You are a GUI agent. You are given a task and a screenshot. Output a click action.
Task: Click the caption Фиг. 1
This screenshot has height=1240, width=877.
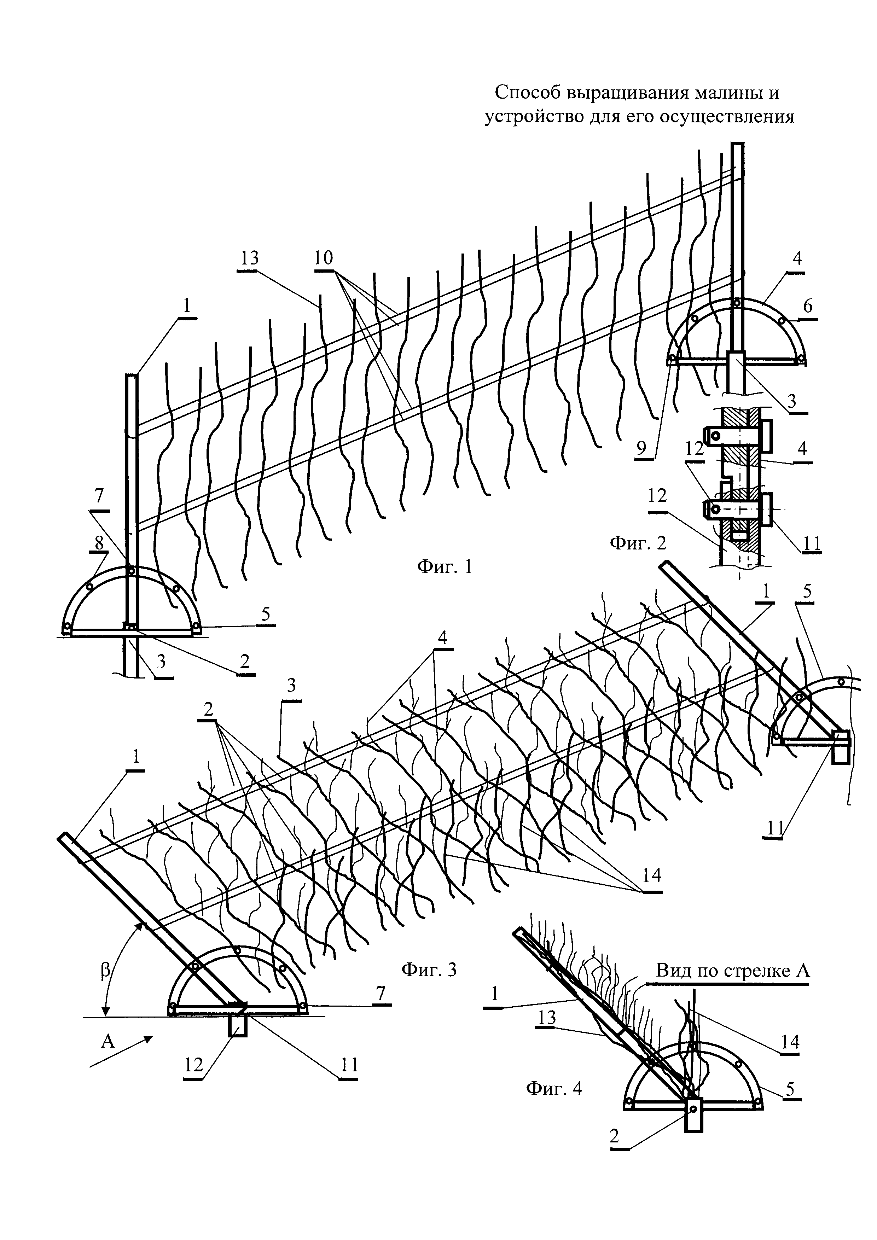click(x=445, y=566)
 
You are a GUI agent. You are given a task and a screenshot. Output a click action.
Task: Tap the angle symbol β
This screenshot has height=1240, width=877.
click(x=105, y=971)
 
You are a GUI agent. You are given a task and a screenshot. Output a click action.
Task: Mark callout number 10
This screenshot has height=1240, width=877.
click(x=324, y=258)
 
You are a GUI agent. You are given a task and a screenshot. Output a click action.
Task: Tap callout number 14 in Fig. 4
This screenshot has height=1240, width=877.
click(x=790, y=1041)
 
